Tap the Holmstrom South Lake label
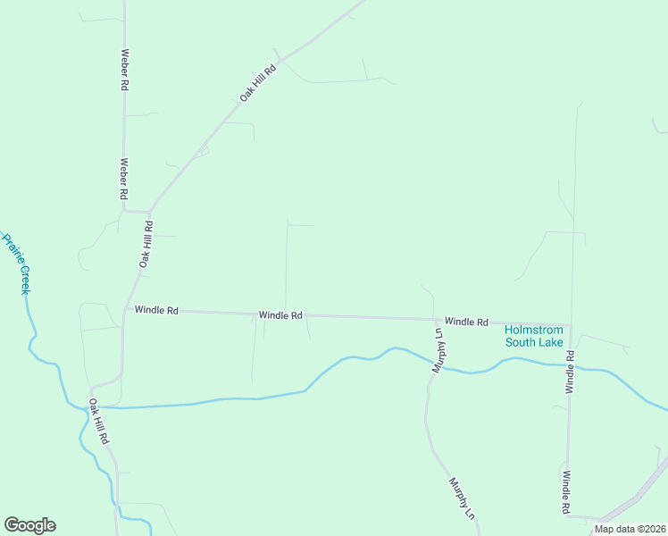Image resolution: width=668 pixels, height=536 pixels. tap(533, 335)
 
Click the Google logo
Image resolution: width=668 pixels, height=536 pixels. tap(29, 525)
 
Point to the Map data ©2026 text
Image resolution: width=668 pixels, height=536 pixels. tap(630, 529)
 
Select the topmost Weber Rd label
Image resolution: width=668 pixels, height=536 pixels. tap(126, 71)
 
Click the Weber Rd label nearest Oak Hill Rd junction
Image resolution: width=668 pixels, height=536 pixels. tap(124, 179)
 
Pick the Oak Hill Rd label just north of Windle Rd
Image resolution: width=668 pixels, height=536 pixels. tap(146, 245)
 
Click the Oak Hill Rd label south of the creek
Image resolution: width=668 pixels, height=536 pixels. tap(98, 423)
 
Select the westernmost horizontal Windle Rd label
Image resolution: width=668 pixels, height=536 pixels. tap(156, 311)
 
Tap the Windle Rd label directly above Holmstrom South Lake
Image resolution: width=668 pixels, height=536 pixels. tap(466, 321)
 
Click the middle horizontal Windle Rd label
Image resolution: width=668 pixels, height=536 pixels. tap(280, 315)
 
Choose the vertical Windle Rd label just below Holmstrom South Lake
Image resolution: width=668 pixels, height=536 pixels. tap(569, 373)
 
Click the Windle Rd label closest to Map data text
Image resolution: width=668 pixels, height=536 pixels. tap(566, 494)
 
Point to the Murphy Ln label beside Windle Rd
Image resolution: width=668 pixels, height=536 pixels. tap(438, 350)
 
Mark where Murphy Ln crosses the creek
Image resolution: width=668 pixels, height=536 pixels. tap(432, 364)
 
